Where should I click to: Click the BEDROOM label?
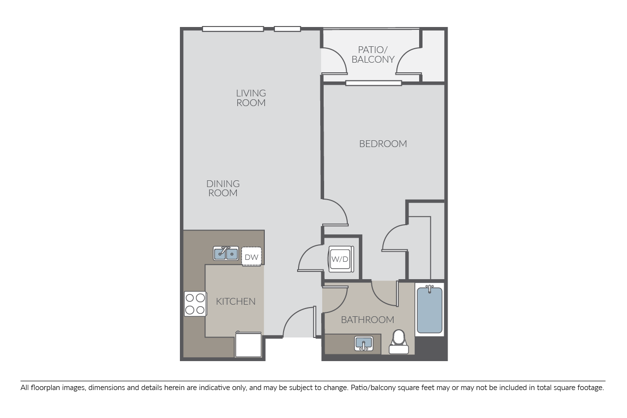382,144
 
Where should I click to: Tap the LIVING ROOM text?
251,98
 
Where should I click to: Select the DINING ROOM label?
223,189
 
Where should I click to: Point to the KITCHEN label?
236,301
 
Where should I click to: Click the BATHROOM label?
367,320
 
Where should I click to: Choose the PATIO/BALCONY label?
373,54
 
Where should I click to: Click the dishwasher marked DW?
251,256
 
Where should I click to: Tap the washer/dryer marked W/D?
341,259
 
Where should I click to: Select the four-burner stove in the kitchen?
195,304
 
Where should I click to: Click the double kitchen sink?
226,253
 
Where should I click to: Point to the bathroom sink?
364,344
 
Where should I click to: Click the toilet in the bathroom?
398,342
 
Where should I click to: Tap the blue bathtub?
429,310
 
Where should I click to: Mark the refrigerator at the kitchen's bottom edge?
248,344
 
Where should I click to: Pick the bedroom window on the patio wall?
373,83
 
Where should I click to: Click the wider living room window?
233,29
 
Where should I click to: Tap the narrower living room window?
287,29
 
